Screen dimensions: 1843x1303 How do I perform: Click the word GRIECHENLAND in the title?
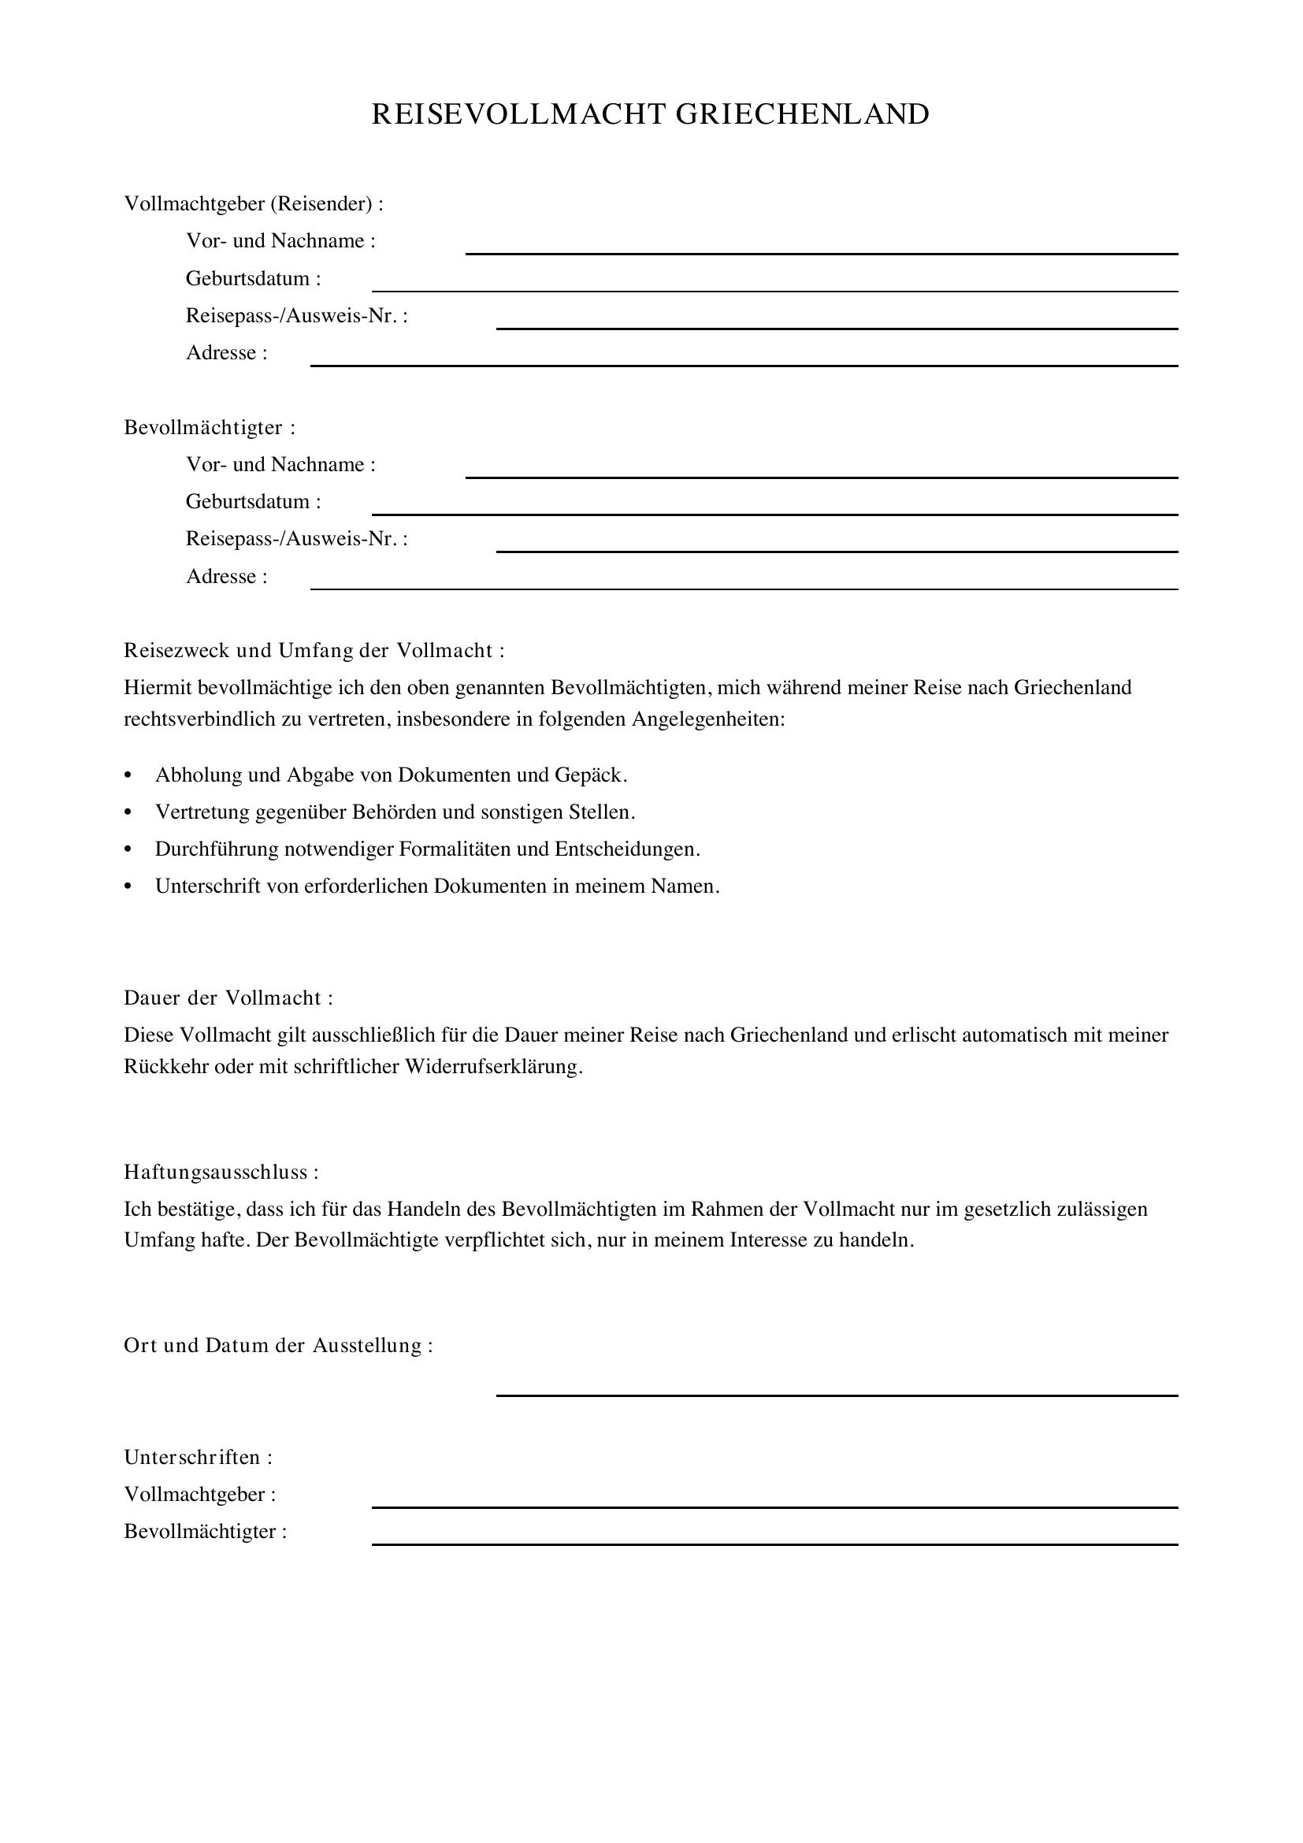tap(801, 115)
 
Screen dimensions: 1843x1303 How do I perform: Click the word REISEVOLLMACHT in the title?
tap(518, 115)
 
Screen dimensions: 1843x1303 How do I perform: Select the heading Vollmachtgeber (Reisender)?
tap(254, 204)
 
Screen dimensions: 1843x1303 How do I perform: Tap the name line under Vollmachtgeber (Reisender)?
tap(821, 252)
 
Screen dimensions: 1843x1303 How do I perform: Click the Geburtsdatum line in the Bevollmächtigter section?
tap(774, 513)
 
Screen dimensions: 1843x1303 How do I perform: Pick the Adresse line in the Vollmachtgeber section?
tap(744, 365)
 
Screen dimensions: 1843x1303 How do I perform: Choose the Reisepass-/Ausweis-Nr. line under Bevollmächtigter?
tap(836, 550)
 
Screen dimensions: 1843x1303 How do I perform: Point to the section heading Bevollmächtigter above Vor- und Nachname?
tap(210, 427)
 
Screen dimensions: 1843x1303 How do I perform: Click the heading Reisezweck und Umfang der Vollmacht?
tap(314, 650)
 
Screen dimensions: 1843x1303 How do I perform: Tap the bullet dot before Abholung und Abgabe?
tap(128, 775)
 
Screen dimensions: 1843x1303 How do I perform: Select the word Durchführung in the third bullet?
tap(217, 849)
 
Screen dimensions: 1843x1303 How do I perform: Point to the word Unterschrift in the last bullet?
tap(207, 886)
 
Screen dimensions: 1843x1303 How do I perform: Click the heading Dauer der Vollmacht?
tap(228, 998)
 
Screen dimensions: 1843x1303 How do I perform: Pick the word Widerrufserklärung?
tap(493, 1067)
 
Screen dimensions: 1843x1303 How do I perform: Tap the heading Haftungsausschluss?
tap(221, 1172)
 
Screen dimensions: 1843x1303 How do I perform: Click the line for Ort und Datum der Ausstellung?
tap(836, 1395)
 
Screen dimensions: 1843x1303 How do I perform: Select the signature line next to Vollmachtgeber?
tap(774, 1506)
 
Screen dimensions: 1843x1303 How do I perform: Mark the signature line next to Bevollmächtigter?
tap(774, 1543)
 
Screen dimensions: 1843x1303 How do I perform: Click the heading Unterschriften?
tap(199, 1457)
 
